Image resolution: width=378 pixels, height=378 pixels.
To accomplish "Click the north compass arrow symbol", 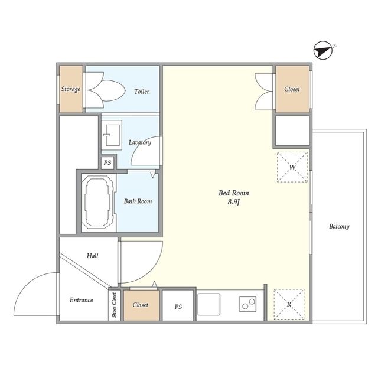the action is (323, 51).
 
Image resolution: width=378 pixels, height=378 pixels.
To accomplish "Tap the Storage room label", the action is (71, 89).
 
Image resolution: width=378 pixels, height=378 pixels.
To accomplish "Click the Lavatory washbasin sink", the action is (112, 135).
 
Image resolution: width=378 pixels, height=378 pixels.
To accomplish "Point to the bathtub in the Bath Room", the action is (98, 202).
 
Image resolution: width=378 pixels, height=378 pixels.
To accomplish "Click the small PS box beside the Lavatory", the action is (107, 163).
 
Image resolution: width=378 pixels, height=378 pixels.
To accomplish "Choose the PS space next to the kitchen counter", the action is (178, 306).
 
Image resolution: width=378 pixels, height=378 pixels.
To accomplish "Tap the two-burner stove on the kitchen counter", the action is (248, 304).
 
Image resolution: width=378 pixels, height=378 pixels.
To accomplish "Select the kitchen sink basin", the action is (208, 304).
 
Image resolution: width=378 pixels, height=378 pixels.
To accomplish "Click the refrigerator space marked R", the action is (289, 305).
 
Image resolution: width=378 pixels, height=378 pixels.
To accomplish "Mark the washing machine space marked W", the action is (292, 167).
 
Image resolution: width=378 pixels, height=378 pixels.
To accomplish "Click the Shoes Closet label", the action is (114, 305).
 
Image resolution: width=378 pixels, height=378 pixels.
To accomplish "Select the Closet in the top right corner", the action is (292, 89).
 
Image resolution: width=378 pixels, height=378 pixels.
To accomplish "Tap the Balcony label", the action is (339, 226).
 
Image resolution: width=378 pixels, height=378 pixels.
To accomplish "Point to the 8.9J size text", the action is (234, 202).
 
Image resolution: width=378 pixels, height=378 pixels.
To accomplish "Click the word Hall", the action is (92, 256).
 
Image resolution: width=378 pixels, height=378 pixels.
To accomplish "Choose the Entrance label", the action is (82, 300).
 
